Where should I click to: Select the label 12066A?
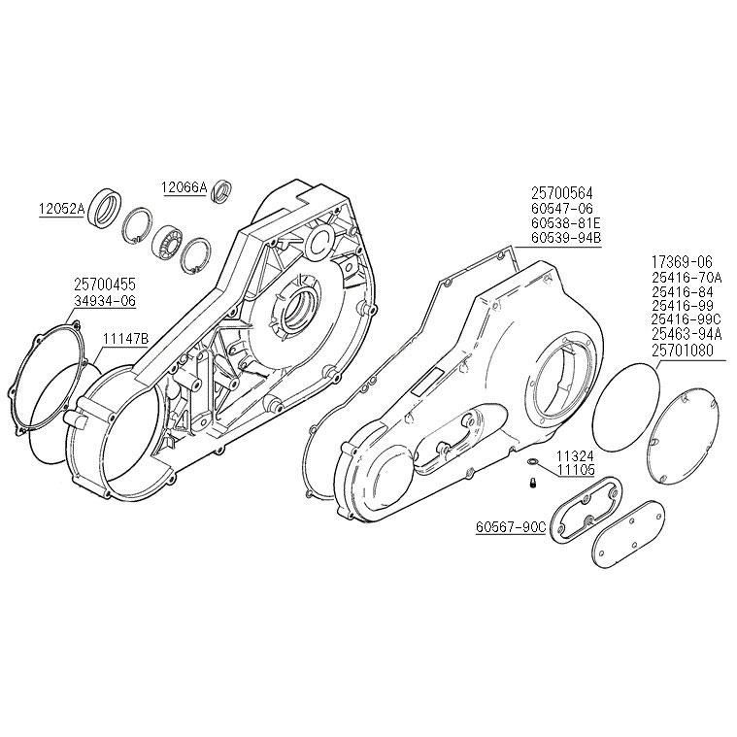pyautogui.click(x=184, y=186)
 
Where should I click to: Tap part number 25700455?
pyautogui.click(x=104, y=285)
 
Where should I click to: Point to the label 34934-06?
pyautogui.click(x=104, y=300)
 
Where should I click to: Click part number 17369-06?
pyautogui.click(x=681, y=261)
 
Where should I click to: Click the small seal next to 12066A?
pyautogui.click(x=220, y=189)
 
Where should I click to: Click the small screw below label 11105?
pyautogui.click(x=533, y=482)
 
